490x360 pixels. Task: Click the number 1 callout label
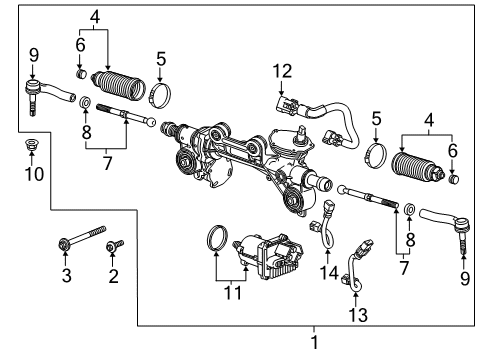(317, 343)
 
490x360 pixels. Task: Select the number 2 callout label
(112, 274)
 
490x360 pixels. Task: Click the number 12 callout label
(285, 69)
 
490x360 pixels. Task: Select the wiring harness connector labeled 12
(284, 102)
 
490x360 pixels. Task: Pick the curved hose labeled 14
(326, 233)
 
